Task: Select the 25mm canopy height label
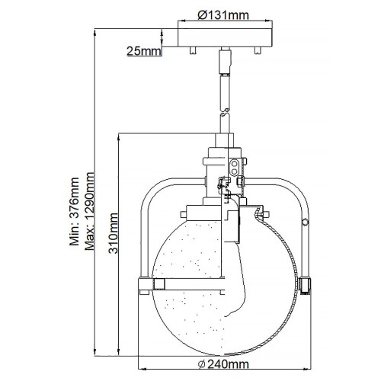pos(143,51)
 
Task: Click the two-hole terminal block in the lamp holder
pos(235,165)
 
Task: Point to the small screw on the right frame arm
pos(305,223)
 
